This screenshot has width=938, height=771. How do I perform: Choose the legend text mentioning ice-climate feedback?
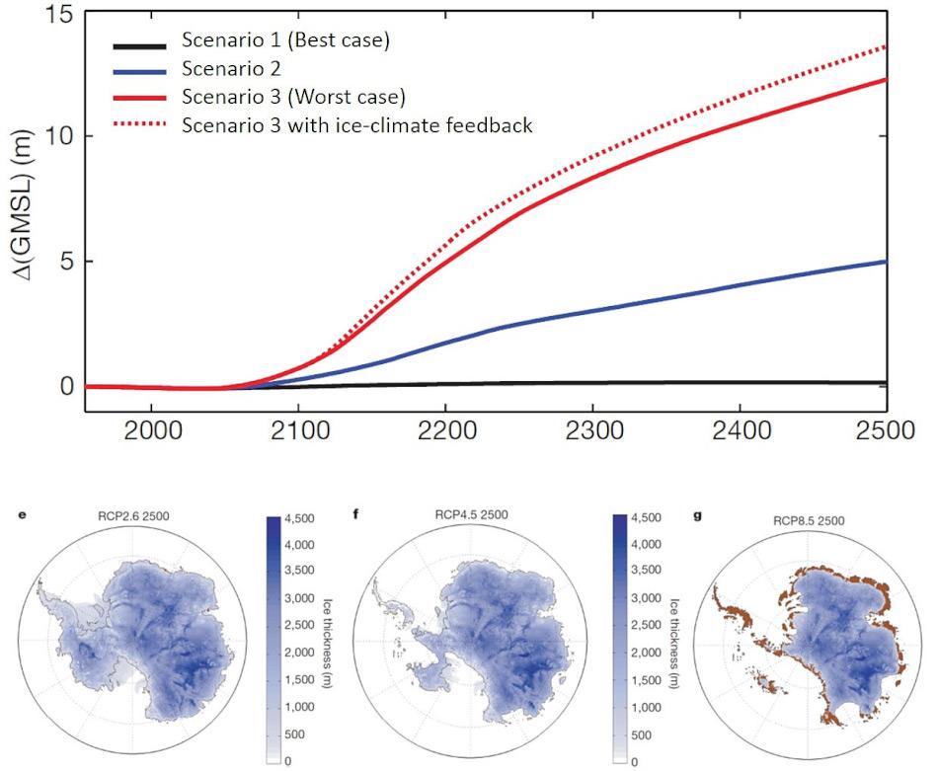click(x=356, y=124)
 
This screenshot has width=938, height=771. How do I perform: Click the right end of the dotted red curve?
click(x=886, y=46)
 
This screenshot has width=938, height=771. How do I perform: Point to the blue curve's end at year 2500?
click(x=886, y=262)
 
